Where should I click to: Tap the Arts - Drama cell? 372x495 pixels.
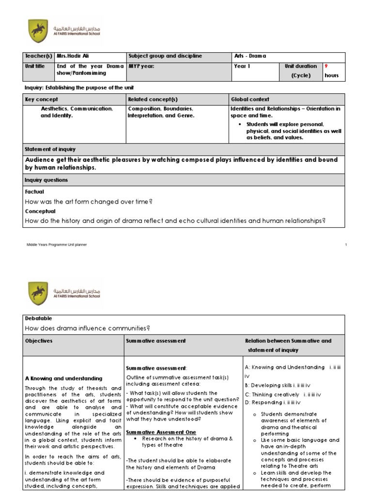[252, 57]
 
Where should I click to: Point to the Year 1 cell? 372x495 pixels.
[242, 66]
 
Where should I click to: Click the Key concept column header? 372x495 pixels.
[41, 99]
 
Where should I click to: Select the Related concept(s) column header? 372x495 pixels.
[151, 99]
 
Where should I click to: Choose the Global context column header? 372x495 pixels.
[250, 99]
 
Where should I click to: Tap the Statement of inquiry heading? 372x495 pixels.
[50, 149]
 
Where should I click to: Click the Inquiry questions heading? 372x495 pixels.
[46, 180]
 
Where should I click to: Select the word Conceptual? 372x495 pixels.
[40, 211]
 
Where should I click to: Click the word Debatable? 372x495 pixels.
[38, 319]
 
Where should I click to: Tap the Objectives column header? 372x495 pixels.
[39, 341]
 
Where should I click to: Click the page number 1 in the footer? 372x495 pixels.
[346, 245]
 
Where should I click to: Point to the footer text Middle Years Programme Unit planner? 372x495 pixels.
[57, 245]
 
